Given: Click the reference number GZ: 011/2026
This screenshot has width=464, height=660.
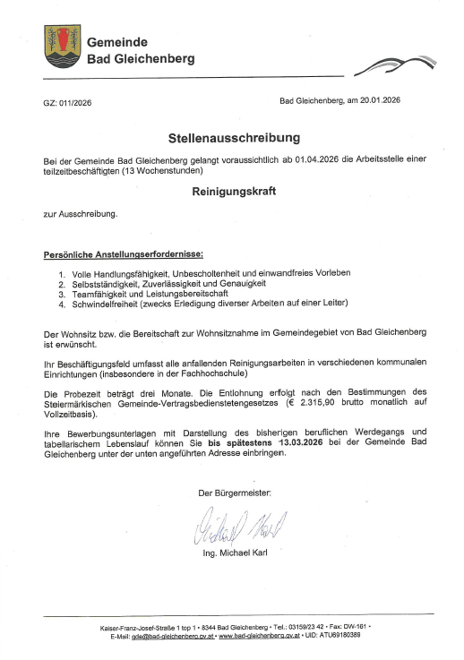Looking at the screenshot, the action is (x=66, y=103).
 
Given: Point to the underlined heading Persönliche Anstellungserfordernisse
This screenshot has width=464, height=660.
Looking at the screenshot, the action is (x=124, y=254).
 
